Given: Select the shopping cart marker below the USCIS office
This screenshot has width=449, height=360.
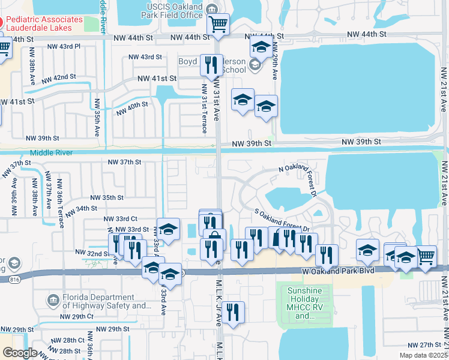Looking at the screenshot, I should pyautogui.click(x=218, y=25).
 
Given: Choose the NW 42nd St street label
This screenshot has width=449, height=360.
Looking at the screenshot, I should pyautogui.click(x=59, y=78).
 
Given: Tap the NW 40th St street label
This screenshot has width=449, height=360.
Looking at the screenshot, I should pyautogui.click(x=131, y=108).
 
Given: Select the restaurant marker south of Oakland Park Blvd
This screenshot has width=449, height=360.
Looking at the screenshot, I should pyautogui.click(x=232, y=313).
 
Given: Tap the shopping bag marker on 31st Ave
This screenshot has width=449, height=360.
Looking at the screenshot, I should pyautogui.click(x=214, y=238).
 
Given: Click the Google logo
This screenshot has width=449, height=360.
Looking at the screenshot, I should pyautogui.click(x=20, y=353).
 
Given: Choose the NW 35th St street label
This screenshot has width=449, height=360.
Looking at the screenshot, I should pyautogui.click(x=107, y=197).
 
